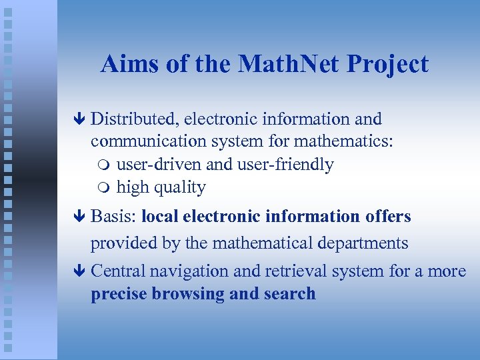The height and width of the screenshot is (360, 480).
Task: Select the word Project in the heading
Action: (x=387, y=65)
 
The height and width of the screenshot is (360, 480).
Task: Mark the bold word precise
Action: (x=119, y=294)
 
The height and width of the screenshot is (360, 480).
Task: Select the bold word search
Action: (x=288, y=294)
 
